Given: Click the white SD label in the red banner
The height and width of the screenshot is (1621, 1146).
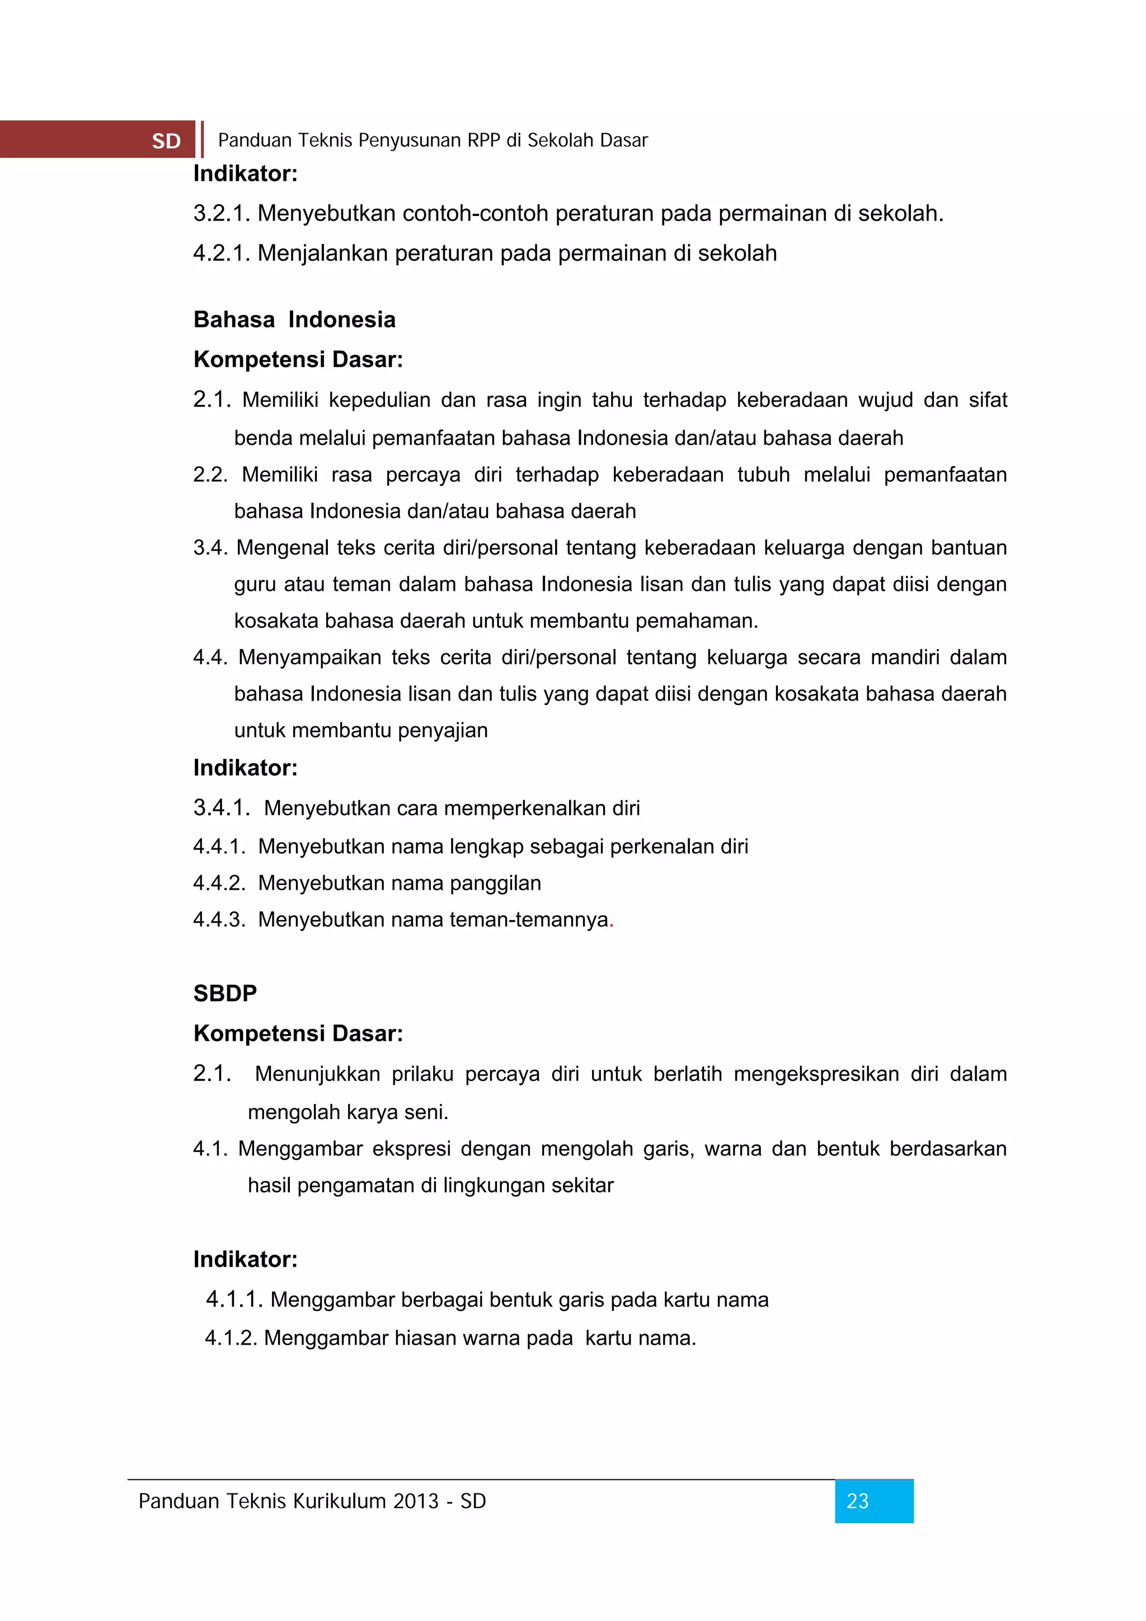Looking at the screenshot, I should tap(167, 141).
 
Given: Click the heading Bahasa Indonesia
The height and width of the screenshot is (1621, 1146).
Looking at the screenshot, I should tap(294, 320).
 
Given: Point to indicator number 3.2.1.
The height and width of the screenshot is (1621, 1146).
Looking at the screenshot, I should tap(222, 213).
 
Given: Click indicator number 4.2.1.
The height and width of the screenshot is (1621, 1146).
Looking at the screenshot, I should tap(222, 253).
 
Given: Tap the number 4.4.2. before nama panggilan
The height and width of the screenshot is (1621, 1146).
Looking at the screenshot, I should tap(219, 883).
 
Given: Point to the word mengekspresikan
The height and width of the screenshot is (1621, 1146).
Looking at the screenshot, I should tap(816, 1074).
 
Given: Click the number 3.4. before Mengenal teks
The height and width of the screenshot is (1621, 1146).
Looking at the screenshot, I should tap(210, 548).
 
